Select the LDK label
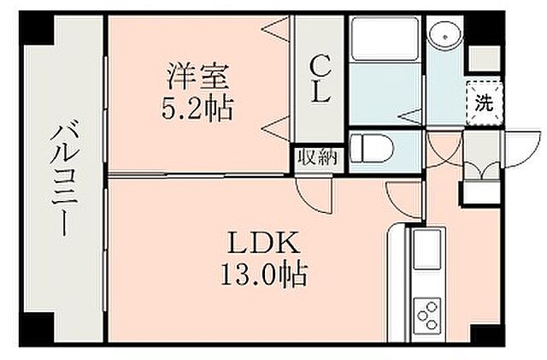click(x=262, y=245)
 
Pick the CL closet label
click(x=319, y=79)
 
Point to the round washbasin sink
click(x=444, y=35)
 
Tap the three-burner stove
click(x=427, y=316)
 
